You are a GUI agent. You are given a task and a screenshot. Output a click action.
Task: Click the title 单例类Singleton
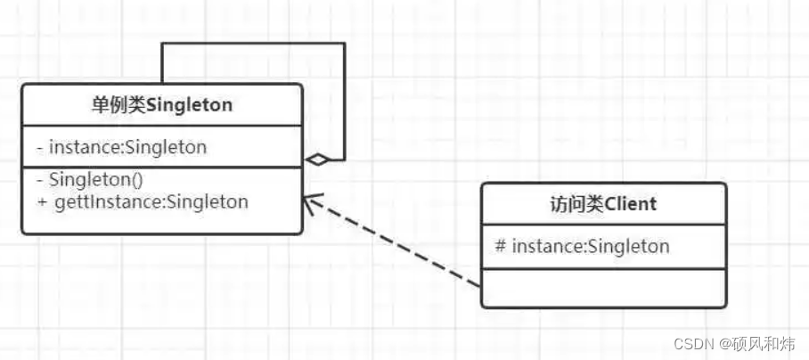(161, 105)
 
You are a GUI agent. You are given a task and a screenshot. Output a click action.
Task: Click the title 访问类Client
(603, 204)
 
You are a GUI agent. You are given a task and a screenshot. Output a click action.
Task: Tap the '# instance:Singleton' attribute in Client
(582, 245)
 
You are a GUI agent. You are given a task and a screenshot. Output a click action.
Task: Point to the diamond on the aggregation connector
(317, 160)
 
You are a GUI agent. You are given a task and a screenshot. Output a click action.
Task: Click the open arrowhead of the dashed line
(309, 204)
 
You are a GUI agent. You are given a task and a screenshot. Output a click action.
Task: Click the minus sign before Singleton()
(41, 181)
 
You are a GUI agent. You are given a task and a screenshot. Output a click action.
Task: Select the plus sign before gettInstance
(42, 201)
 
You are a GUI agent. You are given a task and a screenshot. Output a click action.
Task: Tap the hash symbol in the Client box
(501, 245)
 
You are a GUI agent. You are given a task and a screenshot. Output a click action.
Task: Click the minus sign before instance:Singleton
(41, 147)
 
